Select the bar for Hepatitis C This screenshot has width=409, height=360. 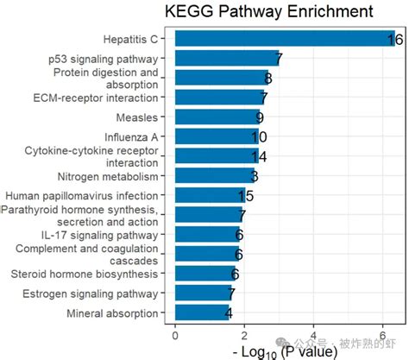[x=285, y=39]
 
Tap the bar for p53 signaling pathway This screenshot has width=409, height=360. [x=227, y=59]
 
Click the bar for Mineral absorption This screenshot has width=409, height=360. [x=203, y=313]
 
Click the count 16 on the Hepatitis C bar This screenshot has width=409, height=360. [x=395, y=40]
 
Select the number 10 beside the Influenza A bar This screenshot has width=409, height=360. [x=259, y=137]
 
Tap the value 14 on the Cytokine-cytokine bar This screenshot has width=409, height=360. [x=259, y=156]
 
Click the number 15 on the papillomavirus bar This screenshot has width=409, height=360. [x=245, y=196]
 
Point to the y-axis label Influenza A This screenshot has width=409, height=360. [x=131, y=137]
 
